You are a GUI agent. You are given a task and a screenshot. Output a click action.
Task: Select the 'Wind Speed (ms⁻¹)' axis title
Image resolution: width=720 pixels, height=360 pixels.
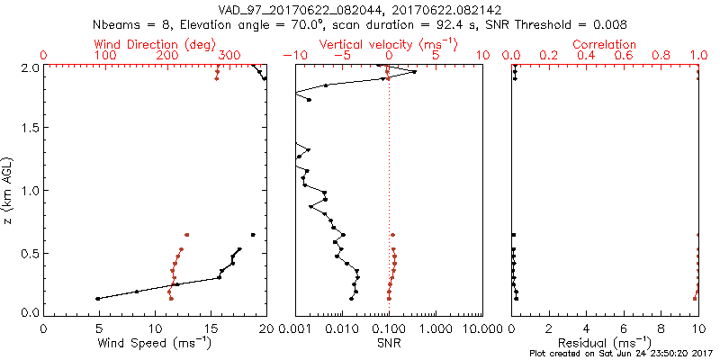tap(155, 345)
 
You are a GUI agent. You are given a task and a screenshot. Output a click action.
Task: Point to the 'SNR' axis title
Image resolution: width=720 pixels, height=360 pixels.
tap(389, 345)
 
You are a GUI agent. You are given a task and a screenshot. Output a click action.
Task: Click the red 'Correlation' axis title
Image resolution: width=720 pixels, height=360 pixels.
tap(605, 44)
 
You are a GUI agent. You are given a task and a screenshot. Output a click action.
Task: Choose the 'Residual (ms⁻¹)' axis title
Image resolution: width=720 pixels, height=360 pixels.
tap(605, 345)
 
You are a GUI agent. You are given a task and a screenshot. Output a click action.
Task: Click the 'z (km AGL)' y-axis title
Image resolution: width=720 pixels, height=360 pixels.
tap(10, 190)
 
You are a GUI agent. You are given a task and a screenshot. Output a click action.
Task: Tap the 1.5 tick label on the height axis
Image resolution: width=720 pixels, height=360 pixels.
tap(29, 129)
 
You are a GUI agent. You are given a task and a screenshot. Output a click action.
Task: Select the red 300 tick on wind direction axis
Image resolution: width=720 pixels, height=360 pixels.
tap(229, 56)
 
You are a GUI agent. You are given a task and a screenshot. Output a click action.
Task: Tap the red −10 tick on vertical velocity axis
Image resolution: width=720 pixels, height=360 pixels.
tap(292, 56)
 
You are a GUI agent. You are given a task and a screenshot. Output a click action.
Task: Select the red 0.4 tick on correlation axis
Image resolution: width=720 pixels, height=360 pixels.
tap(587, 56)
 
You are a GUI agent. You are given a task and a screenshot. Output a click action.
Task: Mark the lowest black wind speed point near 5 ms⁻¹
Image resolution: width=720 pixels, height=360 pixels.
tap(98, 298)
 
